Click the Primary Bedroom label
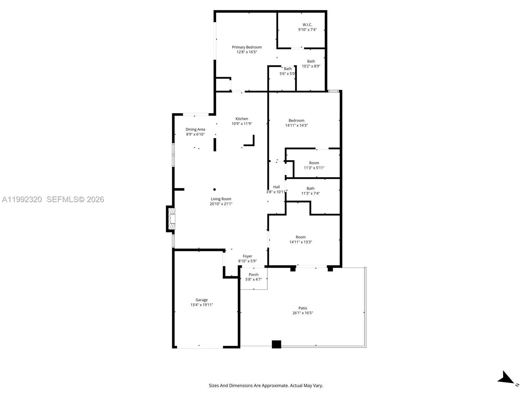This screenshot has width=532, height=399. coord(247,47)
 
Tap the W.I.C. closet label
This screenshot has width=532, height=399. coord(307,25)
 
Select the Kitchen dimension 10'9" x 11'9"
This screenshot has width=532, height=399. coord(242,124)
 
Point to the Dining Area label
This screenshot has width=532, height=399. coord(195,129)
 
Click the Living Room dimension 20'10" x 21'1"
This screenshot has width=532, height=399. coord(221,204)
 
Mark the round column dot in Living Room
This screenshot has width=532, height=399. coord(214,190)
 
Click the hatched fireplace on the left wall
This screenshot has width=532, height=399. coord(172,218)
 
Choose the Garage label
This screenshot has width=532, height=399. coord(201,300)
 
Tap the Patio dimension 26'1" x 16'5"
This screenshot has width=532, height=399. coord(303,313)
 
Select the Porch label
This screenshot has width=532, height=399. coord(253,275)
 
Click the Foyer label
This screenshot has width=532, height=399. coord(247,256)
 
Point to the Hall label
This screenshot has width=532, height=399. coord(276,187)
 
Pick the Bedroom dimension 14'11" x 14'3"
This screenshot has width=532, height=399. coord(296,125)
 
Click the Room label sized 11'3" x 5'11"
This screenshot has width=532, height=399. coord(314,163)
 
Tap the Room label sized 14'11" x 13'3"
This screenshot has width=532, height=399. coord(301,237)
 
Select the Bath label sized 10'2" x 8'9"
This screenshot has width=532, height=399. coord(311,61)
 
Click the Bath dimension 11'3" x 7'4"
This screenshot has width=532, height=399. coord(311,193)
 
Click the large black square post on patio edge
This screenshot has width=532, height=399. coord(276,344)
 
